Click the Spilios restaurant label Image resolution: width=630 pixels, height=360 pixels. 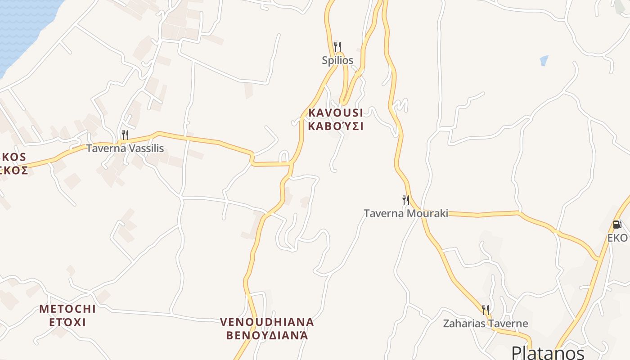(x=337, y=60)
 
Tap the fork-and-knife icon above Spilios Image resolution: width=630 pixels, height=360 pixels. (x=337, y=46)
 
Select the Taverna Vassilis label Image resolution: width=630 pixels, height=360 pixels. (x=125, y=148)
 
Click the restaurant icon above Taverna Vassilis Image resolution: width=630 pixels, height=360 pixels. (x=125, y=135)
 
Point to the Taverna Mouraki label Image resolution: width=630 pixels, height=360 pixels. (x=406, y=213)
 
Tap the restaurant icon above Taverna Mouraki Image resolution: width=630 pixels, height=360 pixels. (x=406, y=200)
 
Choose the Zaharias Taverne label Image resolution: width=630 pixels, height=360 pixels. (x=486, y=324)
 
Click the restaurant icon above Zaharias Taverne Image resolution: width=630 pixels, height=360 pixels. (x=486, y=310)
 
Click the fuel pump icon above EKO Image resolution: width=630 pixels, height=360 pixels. (x=617, y=225)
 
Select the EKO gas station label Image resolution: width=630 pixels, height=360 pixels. (x=617, y=238)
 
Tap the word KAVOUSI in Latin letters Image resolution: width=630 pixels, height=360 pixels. (x=336, y=112)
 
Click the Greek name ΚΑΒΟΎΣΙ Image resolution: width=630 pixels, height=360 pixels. (x=336, y=126)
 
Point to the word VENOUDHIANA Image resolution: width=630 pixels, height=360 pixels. (x=267, y=322)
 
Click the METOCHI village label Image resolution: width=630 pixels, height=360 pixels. (x=67, y=309)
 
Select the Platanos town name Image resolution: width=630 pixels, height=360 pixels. (x=548, y=352)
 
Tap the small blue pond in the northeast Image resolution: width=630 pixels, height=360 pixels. (x=544, y=60)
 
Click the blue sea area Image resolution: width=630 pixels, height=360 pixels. (x=22, y=27)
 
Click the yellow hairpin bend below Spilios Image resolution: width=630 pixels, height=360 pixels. (x=344, y=101)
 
